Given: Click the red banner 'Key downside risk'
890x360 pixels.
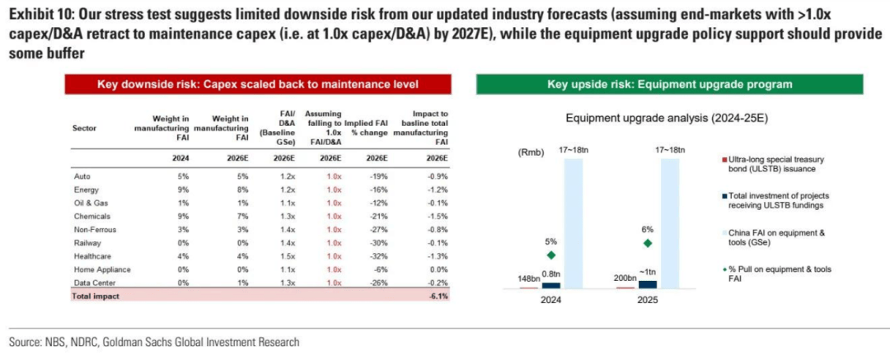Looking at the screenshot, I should point(258,85).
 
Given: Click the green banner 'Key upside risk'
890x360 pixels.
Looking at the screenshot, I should point(670,85).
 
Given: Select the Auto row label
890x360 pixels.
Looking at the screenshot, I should point(82,175).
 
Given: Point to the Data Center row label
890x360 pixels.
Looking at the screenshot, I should point(95,283).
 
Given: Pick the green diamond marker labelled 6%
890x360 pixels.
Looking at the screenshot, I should point(649,242).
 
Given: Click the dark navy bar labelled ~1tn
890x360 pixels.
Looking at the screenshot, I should point(649,284).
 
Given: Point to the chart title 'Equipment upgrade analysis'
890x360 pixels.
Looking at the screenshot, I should point(667,119).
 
